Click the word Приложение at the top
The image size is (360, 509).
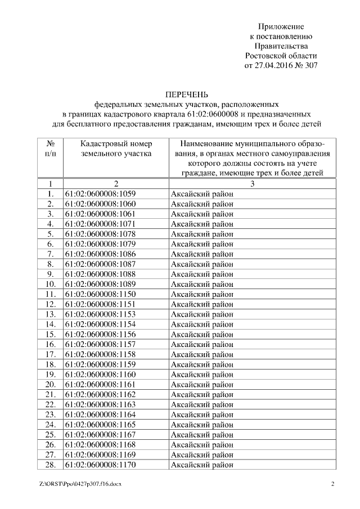point(281,26)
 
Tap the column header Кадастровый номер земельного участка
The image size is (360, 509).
point(116,148)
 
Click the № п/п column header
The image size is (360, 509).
point(50,148)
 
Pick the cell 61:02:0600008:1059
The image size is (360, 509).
point(101,194)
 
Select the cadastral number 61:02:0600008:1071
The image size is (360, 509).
point(101,224)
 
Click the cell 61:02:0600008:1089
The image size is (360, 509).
point(101,283)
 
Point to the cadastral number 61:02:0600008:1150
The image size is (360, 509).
point(101,294)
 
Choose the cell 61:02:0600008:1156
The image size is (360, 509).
point(101,334)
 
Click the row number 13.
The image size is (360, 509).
point(50,314)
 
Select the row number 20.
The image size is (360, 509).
point(50,384)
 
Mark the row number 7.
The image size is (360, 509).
point(50,254)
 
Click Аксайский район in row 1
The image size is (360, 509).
point(202,194)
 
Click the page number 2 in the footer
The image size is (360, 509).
point(332,484)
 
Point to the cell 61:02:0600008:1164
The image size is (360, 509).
point(101,414)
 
